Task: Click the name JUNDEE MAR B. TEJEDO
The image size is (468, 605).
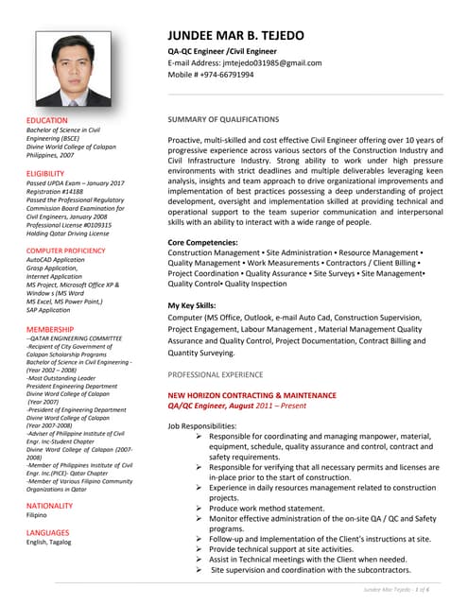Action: click(x=235, y=36)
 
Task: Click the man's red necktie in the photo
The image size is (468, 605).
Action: click(x=74, y=96)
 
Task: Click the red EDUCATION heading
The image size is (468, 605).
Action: click(x=47, y=121)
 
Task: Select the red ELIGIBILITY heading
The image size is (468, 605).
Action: click(x=45, y=174)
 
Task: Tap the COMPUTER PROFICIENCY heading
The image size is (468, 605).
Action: click(x=66, y=250)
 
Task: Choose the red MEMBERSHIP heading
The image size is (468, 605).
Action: click(x=50, y=329)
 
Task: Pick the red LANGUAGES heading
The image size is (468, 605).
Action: click(x=47, y=532)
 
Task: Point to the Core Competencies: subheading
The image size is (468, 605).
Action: click(x=202, y=243)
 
